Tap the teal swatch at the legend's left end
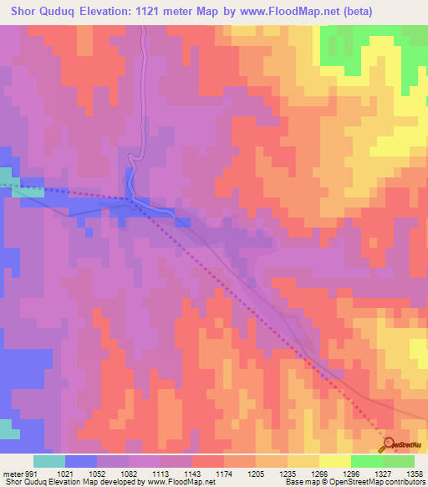[48, 460]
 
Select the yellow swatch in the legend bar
[334, 460]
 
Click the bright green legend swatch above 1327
[366, 460]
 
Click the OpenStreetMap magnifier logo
[389, 444]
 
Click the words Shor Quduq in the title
[43, 11]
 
